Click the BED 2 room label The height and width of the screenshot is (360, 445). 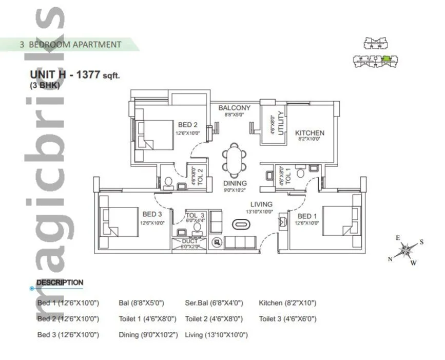[x=188, y=125]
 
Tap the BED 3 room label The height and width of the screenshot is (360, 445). [x=152, y=214]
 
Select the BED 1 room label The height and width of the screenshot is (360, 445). [x=307, y=216]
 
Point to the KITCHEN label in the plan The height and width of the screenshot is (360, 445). [x=309, y=133]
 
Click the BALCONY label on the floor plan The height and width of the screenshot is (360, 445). [x=234, y=108]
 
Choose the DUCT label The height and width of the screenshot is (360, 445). [x=189, y=241]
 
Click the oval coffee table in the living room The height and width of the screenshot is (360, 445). [x=241, y=224]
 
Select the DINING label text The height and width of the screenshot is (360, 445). [x=235, y=183]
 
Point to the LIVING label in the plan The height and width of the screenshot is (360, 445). [x=261, y=204]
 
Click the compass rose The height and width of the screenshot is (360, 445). [x=405, y=251]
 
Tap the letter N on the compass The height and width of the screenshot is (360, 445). [x=390, y=259]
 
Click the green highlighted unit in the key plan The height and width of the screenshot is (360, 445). [x=386, y=59]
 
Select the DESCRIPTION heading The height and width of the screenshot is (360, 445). [x=60, y=282]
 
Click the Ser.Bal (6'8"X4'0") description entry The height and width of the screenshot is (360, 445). [x=214, y=303]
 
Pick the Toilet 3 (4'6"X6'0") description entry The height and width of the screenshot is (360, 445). [x=287, y=319]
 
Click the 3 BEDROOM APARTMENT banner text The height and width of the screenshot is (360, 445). [x=70, y=45]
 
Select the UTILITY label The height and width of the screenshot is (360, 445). [x=280, y=123]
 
